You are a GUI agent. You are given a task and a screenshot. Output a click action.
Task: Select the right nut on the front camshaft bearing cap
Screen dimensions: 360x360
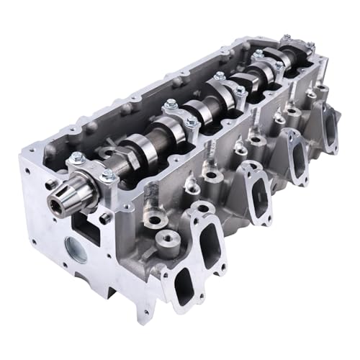(109, 175)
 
